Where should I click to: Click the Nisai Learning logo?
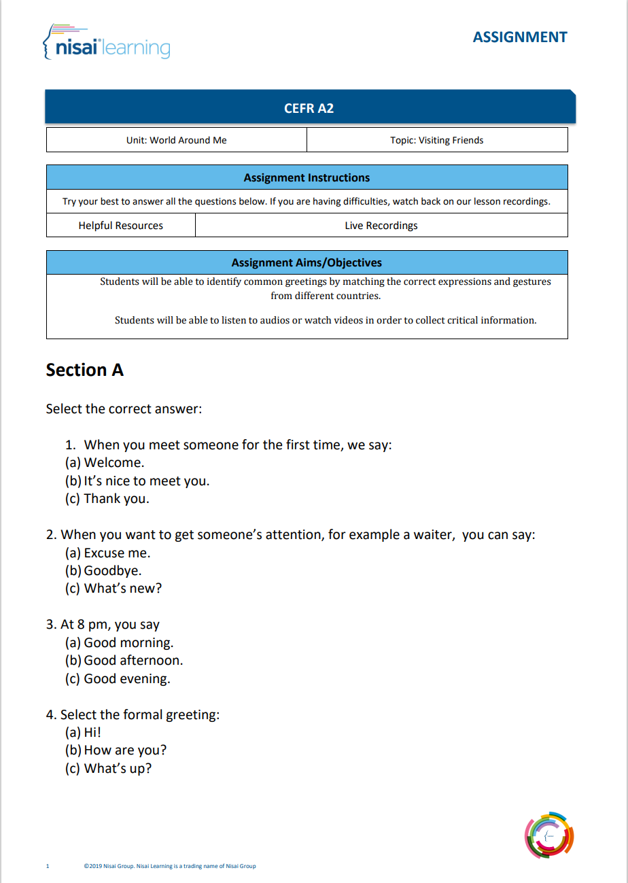(x=106, y=42)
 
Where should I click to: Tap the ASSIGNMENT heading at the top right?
(x=519, y=37)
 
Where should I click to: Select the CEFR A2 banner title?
(x=309, y=108)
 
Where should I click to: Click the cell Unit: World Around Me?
(x=177, y=140)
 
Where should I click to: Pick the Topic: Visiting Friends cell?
(x=437, y=140)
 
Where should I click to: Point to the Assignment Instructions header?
(x=307, y=177)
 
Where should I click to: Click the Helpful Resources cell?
(x=121, y=225)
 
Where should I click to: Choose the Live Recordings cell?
(x=381, y=225)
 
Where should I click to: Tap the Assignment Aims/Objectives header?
(x=307, y=262)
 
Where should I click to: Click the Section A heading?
(x=84, y=370)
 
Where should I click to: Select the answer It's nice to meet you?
(x=146, y=481)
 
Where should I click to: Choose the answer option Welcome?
(x=114, y=463)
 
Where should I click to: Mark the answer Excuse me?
(x=117, y=553)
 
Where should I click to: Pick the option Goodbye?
(x=112, y=570)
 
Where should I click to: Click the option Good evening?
(x=126, y=678)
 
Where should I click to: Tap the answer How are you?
(x=125, y=750)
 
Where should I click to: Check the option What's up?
(x=118, y=768)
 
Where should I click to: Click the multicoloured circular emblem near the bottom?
(x=549, y=835)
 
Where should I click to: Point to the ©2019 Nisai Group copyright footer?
(x=170, y=866)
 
